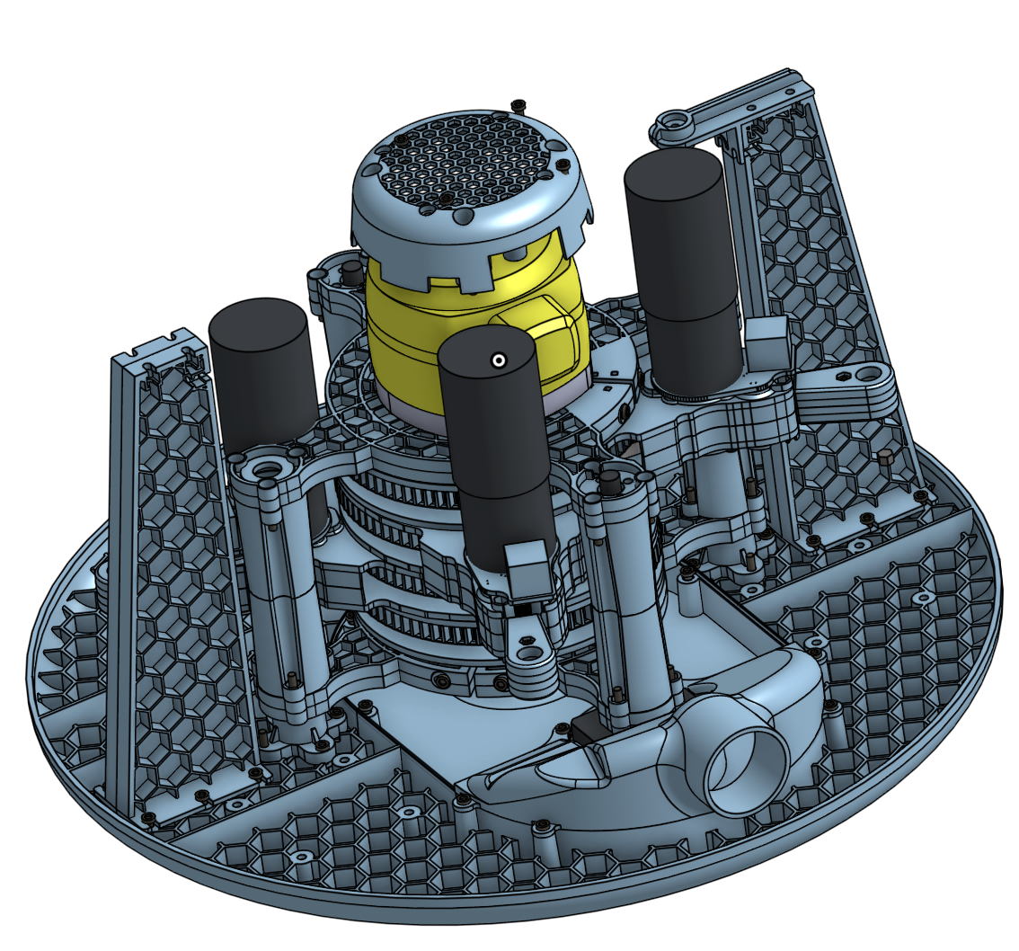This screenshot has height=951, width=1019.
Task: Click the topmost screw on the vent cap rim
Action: point(518,107)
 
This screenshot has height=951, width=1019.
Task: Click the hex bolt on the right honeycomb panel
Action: point(884,458)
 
